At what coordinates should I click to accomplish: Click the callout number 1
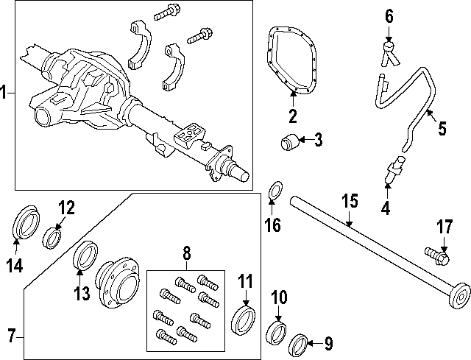click(x=5, y=93)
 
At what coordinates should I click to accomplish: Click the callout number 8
click(x=186, y=255)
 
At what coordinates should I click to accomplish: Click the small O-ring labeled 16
click(x=274, y=191)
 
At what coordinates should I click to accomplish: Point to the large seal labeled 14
click(x=26, y=222)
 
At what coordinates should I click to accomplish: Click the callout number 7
click(x=10, y=336)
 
